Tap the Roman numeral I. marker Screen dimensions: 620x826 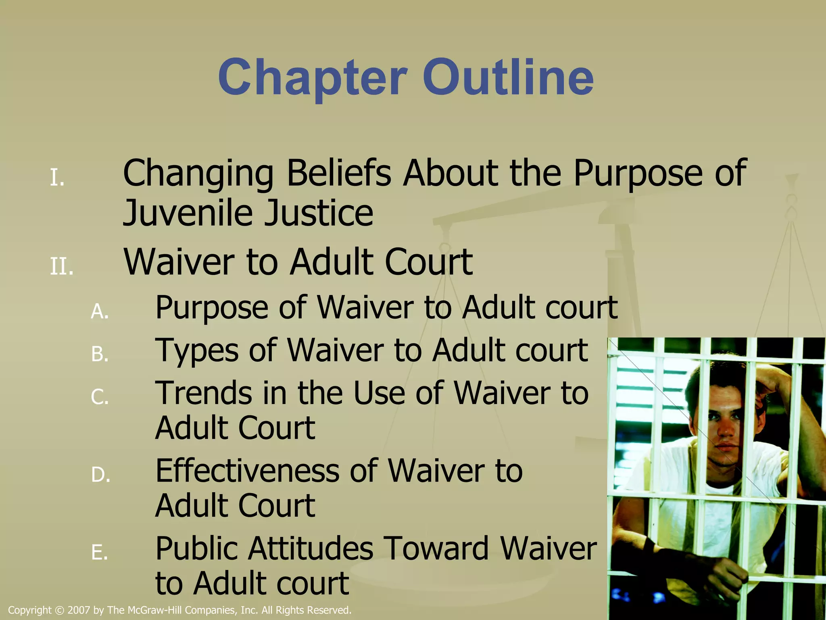point(57,178)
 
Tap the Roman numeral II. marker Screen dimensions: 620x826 point(62,267)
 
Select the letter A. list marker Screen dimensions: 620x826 point(100,312)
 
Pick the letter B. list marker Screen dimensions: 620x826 point(100,354)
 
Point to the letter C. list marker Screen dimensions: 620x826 point(100,397)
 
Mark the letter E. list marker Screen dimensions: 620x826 point(100,553)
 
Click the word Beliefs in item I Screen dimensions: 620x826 point(339,174)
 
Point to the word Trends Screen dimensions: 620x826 point(204,393)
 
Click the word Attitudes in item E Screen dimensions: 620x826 point(311,549)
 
